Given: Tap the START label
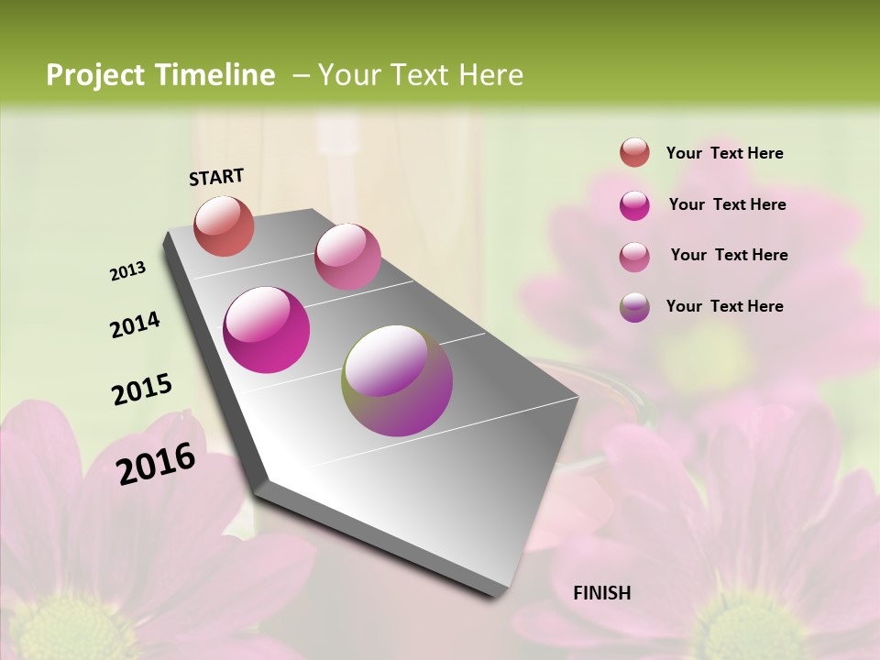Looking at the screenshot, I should [216, 177].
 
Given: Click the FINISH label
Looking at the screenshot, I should [602, 593].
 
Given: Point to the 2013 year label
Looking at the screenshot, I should [128, 271].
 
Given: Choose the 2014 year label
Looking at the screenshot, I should [135, 324].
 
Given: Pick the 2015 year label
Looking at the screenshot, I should [142, 389].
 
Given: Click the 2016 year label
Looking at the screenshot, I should [156, 463].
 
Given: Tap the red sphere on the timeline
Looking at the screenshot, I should [224, 225].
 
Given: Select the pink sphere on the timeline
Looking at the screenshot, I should [347, 256].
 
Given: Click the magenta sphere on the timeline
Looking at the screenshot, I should [266, 330].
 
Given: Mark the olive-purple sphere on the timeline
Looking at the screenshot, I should [397, 380].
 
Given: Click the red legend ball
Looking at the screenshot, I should [634, 152].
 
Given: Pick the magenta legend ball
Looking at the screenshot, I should [634, 205].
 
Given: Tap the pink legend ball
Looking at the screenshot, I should [634, 257].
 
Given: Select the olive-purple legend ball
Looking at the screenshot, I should [634, 307].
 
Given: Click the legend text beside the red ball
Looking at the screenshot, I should [724, 153].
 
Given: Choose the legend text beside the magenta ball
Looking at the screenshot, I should [727, 204].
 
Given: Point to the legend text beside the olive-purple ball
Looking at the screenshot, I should [724, 306].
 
